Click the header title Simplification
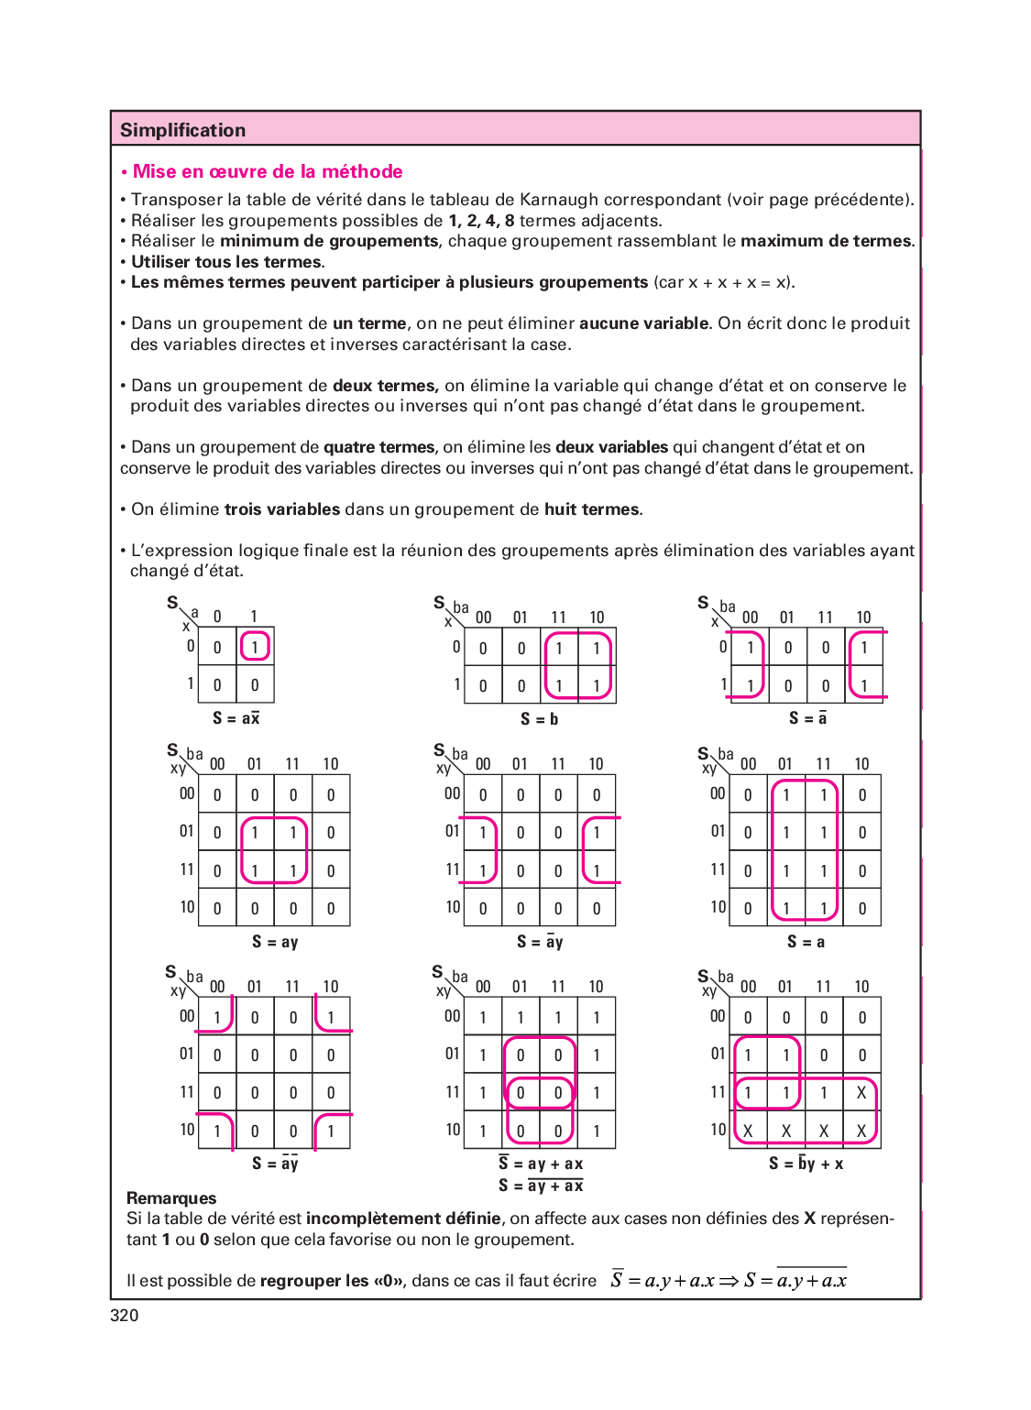click(x=182, y=130)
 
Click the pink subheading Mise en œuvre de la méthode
click(x=267, y=171)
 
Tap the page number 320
click(x=125, y=1316)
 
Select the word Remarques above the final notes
click(x=171, y=1198)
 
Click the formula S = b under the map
click(x=539, y=719)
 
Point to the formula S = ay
click(x=275, y=942)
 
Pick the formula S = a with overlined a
click(x=807, y=718)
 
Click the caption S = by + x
click(x=806, y=1164)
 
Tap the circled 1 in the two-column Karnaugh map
click(x=255, y=647)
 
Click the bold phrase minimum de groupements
click(x=329, y=241)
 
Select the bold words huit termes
click(x=592, y=509)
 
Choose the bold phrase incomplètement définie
click(x=403, y=1219)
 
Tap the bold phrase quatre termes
click(x=378, y=447)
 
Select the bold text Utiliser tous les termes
click(x=227, y=262)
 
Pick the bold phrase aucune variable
click(x=643, y=323)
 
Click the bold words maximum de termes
click(x=827, y=241)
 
